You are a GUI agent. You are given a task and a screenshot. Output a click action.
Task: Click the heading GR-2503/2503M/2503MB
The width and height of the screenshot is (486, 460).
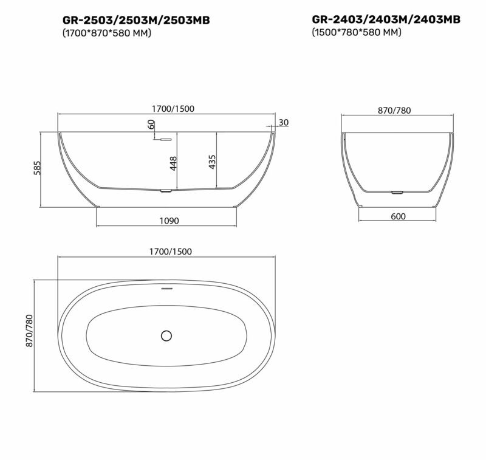136,20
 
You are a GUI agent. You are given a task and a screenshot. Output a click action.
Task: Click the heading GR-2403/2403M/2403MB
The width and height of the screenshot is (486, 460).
386,19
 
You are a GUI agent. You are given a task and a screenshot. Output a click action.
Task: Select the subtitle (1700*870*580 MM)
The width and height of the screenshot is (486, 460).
107,33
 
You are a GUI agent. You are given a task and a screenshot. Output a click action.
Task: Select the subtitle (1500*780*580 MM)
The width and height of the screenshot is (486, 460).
357,32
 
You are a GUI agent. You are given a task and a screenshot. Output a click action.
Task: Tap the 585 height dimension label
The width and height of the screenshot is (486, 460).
37,168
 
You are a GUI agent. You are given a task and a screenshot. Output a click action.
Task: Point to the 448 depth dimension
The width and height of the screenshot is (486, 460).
173,163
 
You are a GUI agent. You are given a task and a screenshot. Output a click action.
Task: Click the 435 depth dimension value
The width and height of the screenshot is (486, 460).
212,162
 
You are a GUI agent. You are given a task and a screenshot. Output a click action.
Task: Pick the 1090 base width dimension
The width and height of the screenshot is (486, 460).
169,221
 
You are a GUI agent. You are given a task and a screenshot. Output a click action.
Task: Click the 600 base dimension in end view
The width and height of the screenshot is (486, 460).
398,216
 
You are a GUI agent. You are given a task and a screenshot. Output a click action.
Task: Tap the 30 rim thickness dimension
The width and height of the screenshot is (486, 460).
283,122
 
